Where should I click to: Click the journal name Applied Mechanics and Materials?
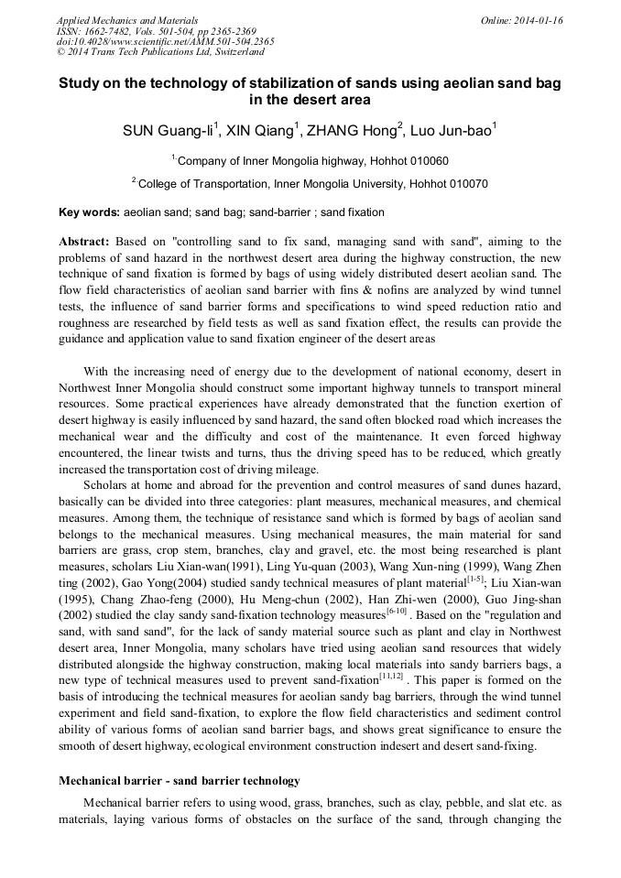pyautogui.click(x=127, y=20)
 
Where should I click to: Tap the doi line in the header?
pyautogui.click(x=165, y=41)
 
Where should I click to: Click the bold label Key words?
pyautogui.click(x=89, y=212)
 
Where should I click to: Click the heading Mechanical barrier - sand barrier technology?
pyautogui.click(x=180, y=781)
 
